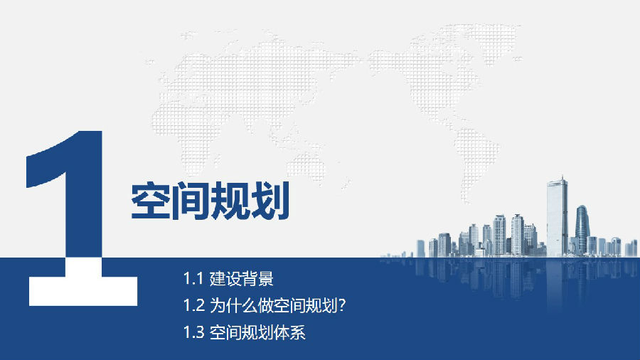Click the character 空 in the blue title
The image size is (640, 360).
click(150, 201)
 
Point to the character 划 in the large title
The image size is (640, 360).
click(270, 201)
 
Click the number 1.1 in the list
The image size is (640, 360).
click(193, 279)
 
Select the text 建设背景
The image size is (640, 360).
click(241, 279)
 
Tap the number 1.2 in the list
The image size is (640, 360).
click(193, 305)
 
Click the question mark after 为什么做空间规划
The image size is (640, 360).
click(342, 305)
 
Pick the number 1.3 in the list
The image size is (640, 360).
click(193, 332)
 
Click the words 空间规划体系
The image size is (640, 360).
click(257, 332)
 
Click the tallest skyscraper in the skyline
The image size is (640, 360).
click(557, 216)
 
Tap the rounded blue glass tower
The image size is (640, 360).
click(582, 230)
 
